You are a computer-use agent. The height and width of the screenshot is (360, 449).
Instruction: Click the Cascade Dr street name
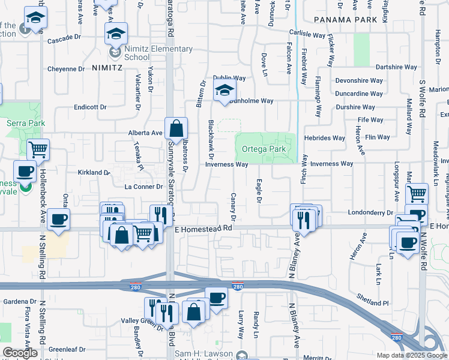point(64,37)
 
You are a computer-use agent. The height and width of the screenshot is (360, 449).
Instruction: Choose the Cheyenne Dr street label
point(66,69)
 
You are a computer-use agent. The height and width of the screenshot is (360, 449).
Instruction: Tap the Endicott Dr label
point(90,107)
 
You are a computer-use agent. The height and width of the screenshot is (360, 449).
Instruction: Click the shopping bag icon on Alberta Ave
point(176,128)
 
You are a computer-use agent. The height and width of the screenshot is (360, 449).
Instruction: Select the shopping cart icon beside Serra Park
point(38,149)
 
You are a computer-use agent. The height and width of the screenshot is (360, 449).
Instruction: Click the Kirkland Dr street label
point(94,172)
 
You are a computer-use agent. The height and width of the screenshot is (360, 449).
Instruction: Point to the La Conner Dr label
point(144,187)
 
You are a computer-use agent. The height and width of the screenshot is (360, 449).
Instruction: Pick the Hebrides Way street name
point(325,138)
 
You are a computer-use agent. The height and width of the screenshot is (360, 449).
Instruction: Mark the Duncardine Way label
point(359,94)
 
